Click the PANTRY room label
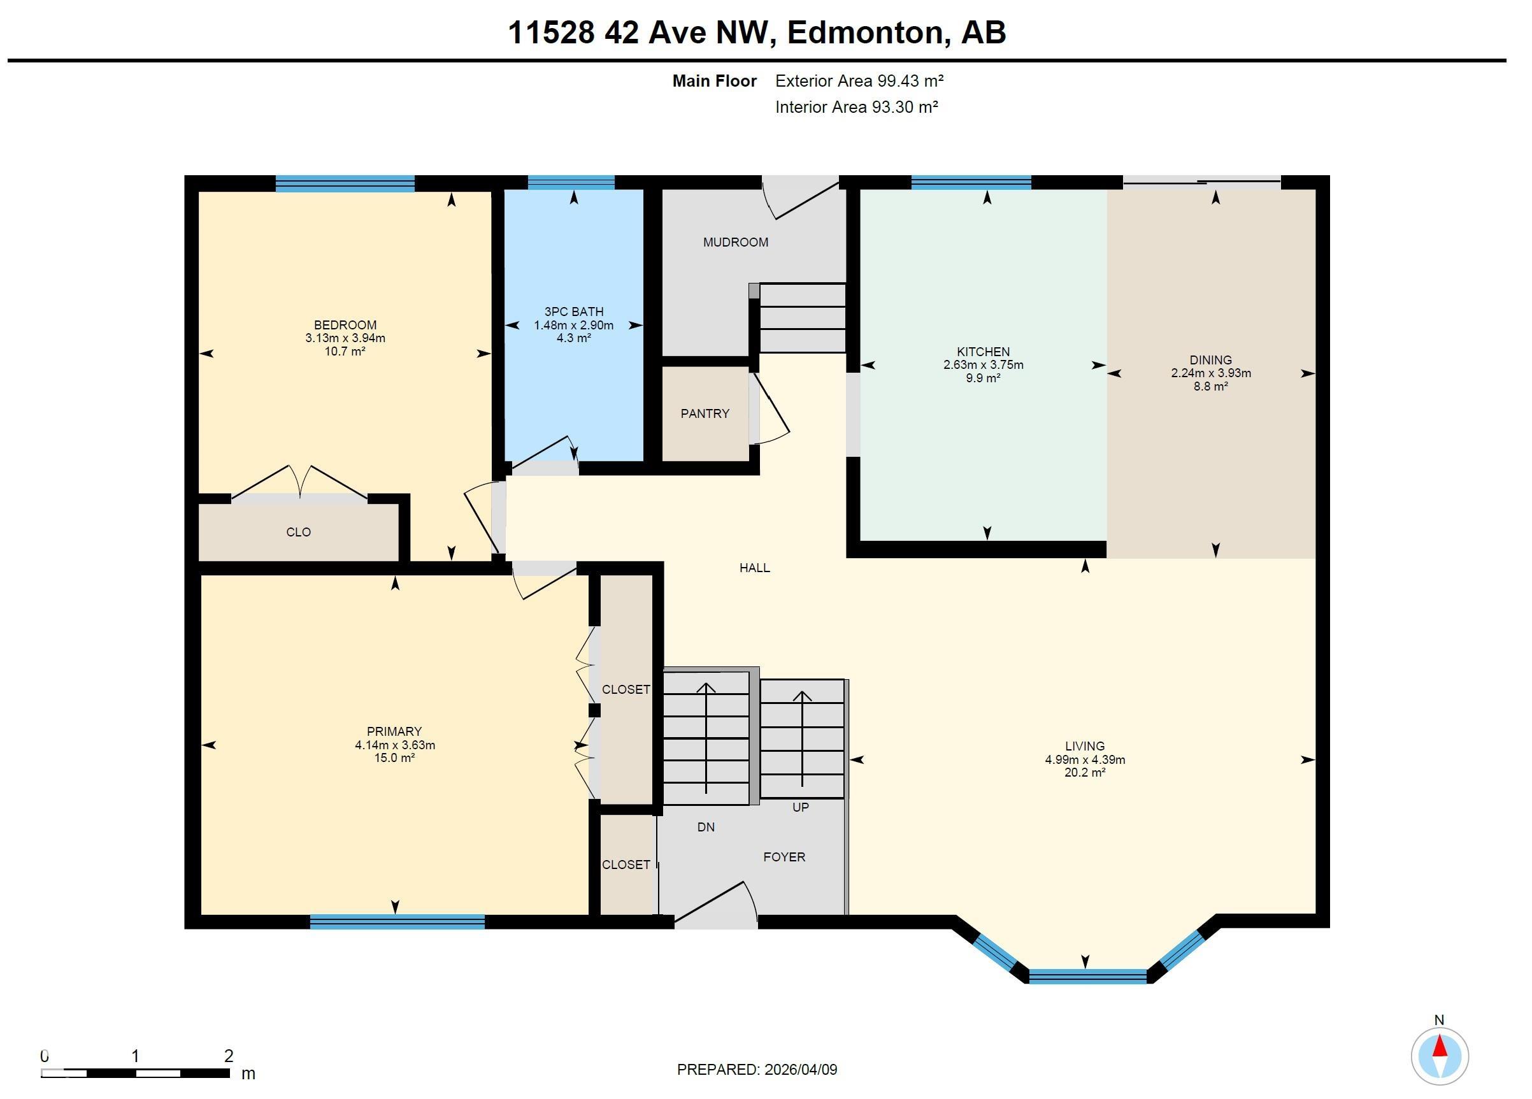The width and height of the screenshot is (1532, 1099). tap(705, 413)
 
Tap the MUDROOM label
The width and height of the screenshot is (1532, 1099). tap(735, 242)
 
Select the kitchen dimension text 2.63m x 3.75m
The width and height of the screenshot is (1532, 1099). tap(983, 365)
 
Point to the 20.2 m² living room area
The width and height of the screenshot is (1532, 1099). tap(1084, 772)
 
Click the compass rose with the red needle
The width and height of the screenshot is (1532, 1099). tap(1439, 1056)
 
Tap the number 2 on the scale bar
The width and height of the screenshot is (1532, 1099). tap(228, 1056)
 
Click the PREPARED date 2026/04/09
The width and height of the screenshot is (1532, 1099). tap(801, 1069)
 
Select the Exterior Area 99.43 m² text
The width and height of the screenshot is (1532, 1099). tap(859, 81)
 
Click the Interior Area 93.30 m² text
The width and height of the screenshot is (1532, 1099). tap(856, 107)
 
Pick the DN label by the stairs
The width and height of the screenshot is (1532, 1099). tap(705, 827)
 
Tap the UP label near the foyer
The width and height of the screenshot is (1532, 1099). tap(800, 807)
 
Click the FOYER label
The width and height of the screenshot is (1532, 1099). tap(784, 856)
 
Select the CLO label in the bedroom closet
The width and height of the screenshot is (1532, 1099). tap(298, 532)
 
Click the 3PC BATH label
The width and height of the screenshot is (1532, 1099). tap(573, 312)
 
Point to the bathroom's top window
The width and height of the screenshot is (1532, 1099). tap(571, 182)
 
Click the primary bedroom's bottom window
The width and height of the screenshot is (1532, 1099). tap(397, 921)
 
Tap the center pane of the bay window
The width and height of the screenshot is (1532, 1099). tap(1087, 976)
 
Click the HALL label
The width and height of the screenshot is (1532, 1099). tap(754, 568)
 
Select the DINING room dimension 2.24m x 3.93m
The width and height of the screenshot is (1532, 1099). tap(1210, 373)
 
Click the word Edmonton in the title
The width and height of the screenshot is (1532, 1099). tap(864, 32)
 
